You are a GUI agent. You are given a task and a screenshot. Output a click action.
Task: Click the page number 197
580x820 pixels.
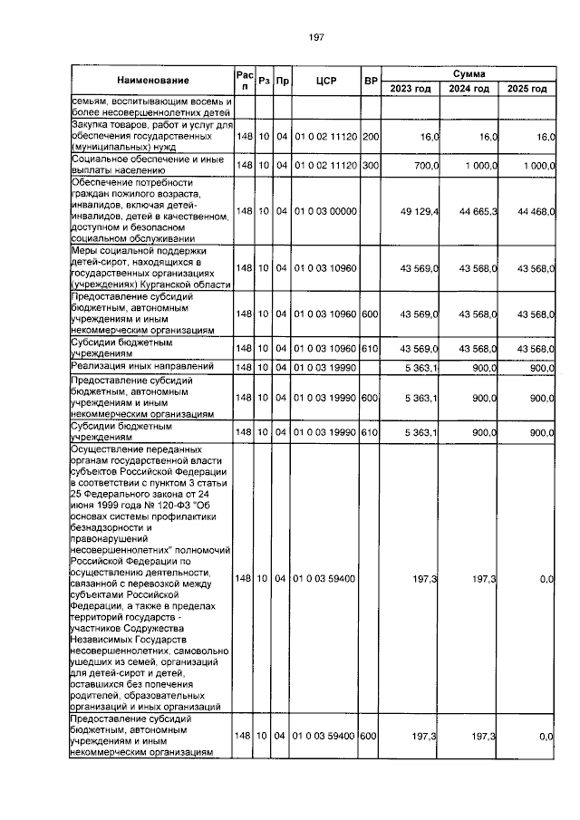click(316, 36)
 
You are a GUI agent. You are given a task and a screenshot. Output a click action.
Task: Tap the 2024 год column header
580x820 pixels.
click(469, 89)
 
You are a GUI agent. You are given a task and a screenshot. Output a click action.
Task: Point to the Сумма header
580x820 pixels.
click(469, 72)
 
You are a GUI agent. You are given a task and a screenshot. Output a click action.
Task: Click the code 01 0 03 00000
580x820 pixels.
click(325, 211)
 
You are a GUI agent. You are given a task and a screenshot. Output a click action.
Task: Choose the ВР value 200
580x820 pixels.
click(370, 136)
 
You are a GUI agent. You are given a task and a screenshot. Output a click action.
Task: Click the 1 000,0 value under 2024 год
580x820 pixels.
click(476, 167)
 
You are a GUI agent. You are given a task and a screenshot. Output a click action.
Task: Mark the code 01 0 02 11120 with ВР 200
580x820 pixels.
click(325, 136)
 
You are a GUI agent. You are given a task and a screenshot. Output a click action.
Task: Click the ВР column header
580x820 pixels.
click(370, 82)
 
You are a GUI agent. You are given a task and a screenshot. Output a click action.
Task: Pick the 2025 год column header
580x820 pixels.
click(527, 89)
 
